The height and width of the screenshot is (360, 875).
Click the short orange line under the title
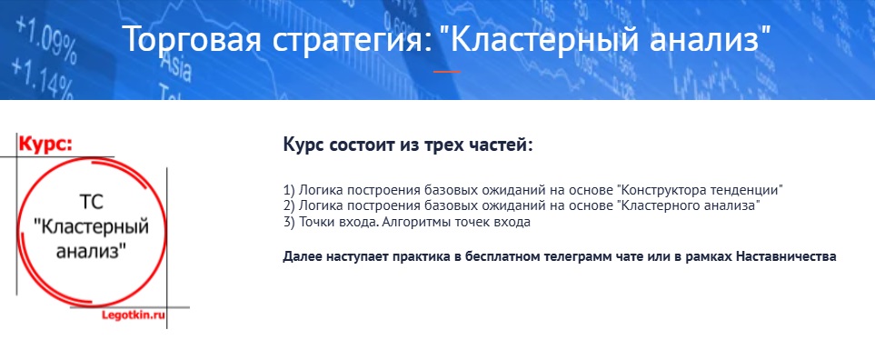[x=446, y=72]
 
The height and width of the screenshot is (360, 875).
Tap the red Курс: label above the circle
[x=45, y=144]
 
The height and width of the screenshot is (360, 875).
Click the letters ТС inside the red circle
[x=92, y=202]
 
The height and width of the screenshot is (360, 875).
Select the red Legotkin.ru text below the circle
[x=134, y=315]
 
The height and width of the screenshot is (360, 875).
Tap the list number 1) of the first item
[x=289, y=189]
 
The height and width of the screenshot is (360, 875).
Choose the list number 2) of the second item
[x=289, y=206]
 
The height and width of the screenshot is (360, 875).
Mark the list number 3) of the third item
[x=289, y=222]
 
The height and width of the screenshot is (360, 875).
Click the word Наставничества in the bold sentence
[x=786, y=256]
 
